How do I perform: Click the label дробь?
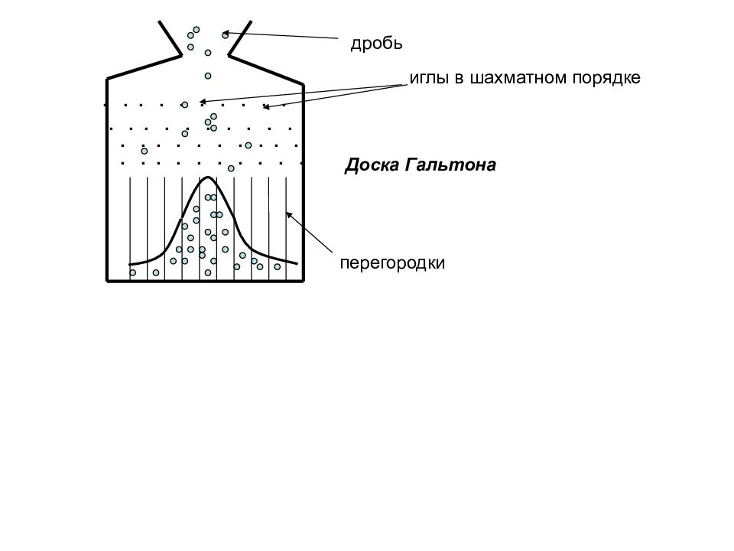376,44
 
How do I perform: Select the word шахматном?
518,77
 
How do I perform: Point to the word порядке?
606,78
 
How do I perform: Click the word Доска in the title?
372,165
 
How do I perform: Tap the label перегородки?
392,263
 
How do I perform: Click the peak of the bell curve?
208,177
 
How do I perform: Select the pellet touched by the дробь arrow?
225,34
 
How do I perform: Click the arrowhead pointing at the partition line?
289,214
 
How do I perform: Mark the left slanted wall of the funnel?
170,38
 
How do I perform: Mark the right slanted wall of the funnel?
240,38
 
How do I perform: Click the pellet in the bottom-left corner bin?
133,272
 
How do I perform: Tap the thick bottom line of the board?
206,281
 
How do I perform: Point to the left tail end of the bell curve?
130,265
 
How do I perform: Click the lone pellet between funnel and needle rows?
208,76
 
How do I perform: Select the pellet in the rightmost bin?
277,266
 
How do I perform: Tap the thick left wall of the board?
107,180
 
